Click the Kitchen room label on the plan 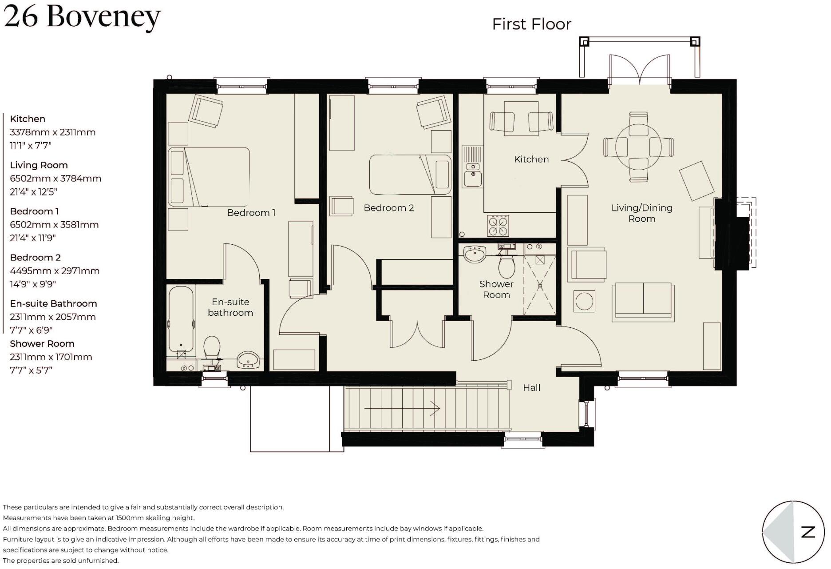coord(531,159)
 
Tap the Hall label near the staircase coord(531,388)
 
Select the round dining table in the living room coord(638,147)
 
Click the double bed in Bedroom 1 coord(209,177)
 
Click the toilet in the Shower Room coord(506,266)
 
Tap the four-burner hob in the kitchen coord(498,226)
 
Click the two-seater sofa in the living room coord(643,302)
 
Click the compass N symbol coord(807,532)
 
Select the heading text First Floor coord(531,24)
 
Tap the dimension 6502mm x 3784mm coord(55,179)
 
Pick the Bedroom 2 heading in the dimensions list coord(36,258)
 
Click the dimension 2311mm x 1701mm coord(51,357)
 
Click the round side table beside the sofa coord(584,302)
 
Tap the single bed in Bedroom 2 coord(410,175)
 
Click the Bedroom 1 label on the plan coord(251,213)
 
